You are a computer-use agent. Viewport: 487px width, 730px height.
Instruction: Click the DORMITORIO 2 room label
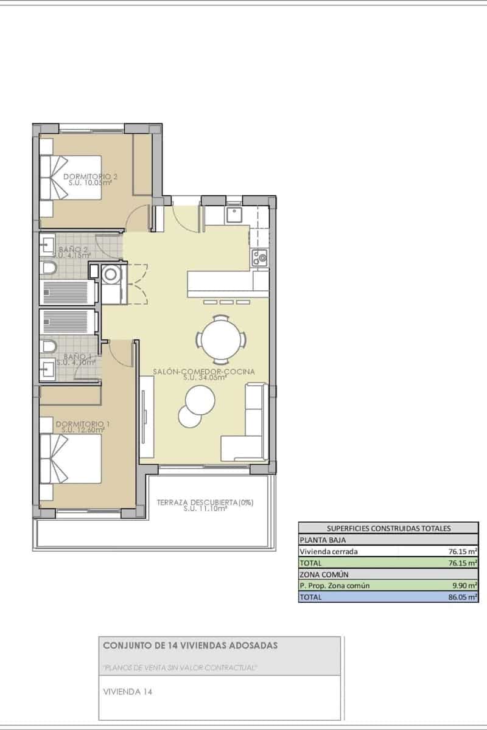coord(91,177)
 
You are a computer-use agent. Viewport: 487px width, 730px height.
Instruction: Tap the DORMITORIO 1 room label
coord(80,423)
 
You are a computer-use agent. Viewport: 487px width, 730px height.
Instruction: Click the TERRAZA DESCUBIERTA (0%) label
coord(205,502)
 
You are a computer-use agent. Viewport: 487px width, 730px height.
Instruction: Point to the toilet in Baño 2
coord(49,268)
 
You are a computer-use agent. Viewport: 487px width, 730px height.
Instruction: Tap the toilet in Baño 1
coord(49,347)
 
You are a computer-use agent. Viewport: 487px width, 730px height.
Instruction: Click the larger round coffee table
coord(200,399)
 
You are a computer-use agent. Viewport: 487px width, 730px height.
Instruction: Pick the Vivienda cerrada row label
coord(329,551)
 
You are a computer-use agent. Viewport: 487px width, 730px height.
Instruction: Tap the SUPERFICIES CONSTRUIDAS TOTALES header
coord(388,528)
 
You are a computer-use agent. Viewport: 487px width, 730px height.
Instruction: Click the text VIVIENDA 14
coord(128,692)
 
